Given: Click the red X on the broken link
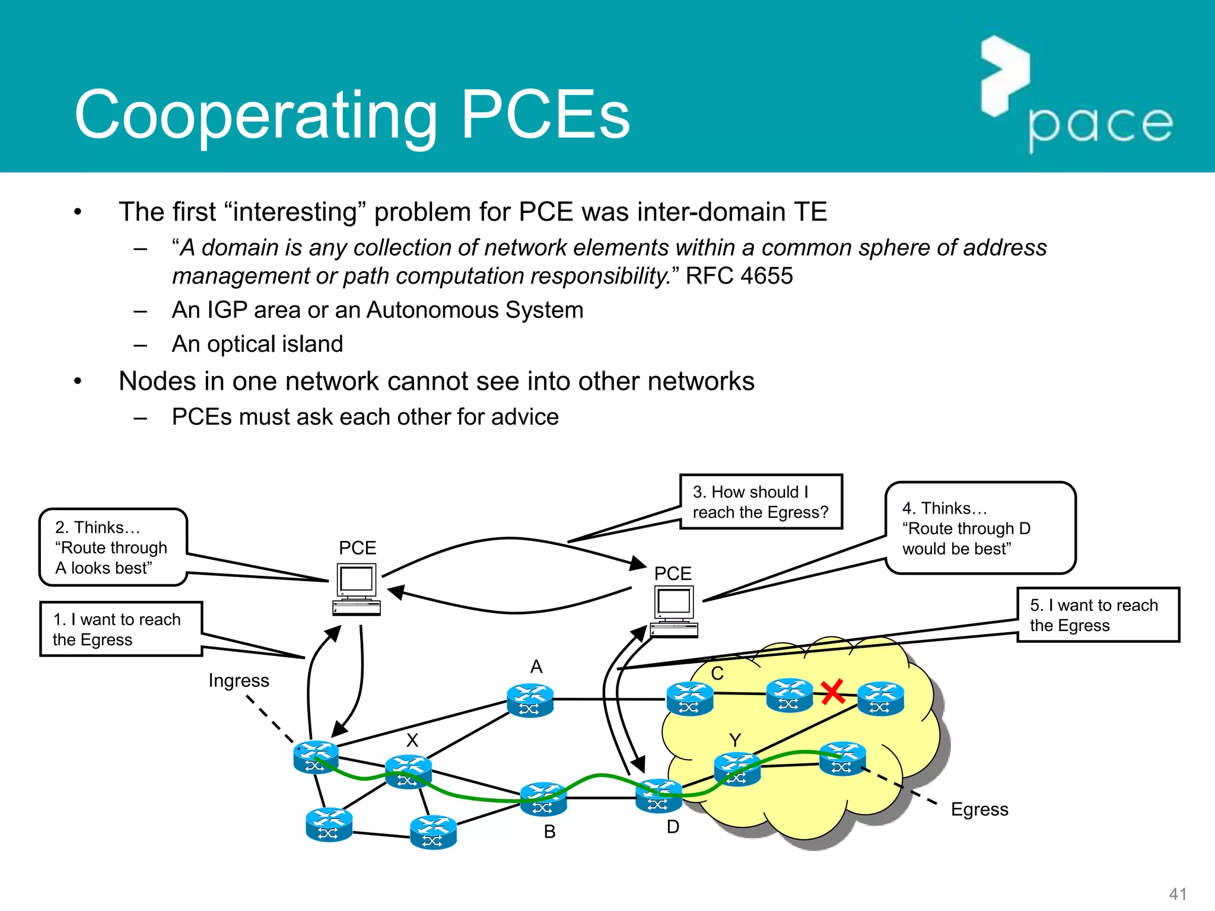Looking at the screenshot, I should (833, 692).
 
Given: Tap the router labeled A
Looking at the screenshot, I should (530, 700).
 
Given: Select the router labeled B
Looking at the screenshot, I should (543, 799).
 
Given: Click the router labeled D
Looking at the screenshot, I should (658, 797).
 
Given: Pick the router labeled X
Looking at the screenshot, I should (408, 771).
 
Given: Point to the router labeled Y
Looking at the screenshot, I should (737, 769).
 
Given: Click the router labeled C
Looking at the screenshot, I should (689, 699).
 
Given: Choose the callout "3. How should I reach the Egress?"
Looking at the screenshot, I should (761, 502).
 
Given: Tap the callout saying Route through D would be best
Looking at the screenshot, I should (979, 528).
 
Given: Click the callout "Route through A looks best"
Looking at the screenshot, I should (113, 547).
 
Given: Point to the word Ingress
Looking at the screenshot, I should (238, 680).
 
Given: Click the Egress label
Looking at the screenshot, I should (979, 809).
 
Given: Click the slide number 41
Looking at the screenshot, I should (1177, 893).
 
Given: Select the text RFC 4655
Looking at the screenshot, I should (739, 276).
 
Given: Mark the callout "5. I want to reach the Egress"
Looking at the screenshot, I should (1098, 615).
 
